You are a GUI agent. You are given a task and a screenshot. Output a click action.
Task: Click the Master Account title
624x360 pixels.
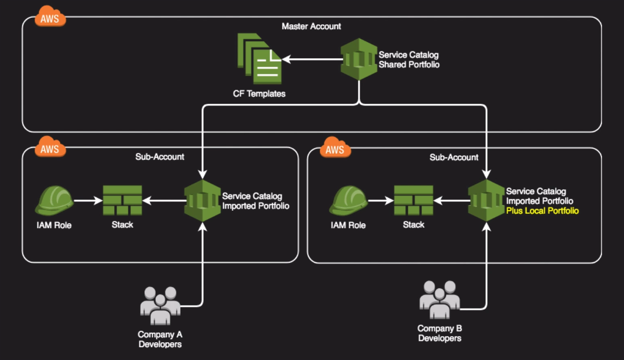click(x=311, y=26)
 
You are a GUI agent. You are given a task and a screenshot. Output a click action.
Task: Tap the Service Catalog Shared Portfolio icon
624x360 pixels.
click(x=359, y=59)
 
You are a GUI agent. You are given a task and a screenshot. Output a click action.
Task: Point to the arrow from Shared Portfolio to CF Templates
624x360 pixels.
click(x=311, y=59)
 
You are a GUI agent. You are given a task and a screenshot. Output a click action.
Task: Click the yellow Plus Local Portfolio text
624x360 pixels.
click(x=542, y=211)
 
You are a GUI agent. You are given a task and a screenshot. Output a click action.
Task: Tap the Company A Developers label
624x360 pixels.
click(x=160, y=339)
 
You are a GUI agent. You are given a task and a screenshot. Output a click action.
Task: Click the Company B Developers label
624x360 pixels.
click(x=440, y=333)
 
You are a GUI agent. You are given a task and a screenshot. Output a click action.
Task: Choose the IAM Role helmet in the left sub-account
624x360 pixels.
click(x=54, y=201)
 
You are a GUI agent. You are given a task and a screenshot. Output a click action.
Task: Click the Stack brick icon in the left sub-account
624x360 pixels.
click(x=122, y=201)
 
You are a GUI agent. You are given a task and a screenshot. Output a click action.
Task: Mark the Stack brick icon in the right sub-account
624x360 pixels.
click(x=414, y=201)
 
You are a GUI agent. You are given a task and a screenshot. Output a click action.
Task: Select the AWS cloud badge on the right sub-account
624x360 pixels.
click(x=335, y=149)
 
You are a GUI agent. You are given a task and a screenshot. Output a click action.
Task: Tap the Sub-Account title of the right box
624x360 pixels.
click(x=454, y=157)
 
